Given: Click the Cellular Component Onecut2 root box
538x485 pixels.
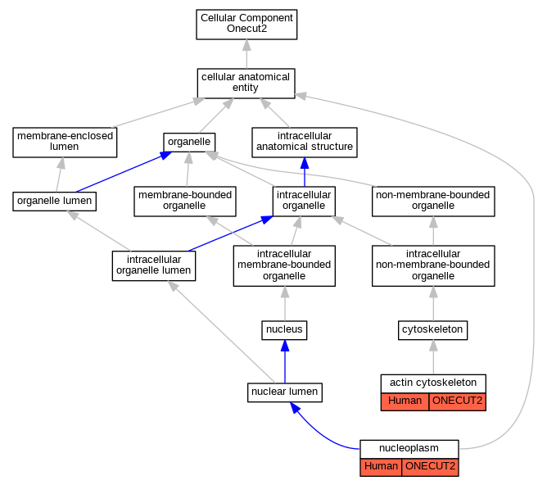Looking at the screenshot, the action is point(246,25).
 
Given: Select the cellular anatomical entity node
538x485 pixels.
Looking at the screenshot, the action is point(246,84).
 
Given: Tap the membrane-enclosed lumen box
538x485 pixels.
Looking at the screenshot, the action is point(65,143).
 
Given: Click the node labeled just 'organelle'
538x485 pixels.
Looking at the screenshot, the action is point(189,142).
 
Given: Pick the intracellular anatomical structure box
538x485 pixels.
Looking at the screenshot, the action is point(305,143).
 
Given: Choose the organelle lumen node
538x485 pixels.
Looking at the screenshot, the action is point(55,202).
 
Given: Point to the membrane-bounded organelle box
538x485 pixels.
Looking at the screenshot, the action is point(185,202).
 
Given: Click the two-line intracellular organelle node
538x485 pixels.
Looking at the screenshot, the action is point(304,202).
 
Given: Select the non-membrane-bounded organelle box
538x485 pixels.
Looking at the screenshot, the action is point(433,202).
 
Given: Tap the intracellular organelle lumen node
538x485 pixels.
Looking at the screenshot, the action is point(154,266).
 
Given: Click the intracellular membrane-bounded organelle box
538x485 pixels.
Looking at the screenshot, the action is point(284,265).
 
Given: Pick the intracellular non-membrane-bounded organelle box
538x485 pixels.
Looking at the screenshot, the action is point(433,265).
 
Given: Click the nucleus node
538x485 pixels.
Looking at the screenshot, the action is point(284,330).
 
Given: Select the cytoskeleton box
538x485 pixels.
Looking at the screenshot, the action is point(432,330).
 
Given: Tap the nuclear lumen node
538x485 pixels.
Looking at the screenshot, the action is point(285,392).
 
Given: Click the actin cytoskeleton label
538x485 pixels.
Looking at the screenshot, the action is point(433,383).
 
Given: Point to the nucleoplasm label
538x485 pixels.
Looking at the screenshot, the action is point(409,448).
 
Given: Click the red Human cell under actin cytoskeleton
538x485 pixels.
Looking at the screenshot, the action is point(405,401).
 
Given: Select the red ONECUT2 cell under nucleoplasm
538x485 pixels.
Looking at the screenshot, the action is point(430,467).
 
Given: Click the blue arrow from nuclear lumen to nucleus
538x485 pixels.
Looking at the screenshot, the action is point(285,361).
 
